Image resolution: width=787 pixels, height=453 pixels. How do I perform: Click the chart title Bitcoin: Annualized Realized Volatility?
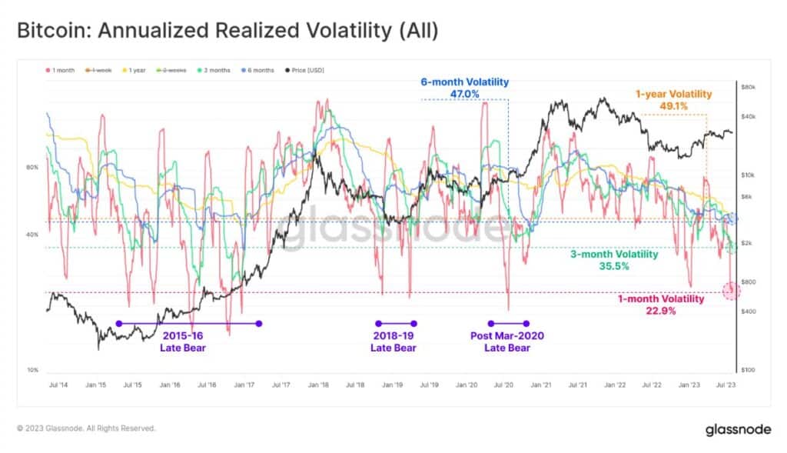pos(228,32)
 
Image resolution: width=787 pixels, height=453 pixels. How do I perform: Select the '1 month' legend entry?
pos(61,71)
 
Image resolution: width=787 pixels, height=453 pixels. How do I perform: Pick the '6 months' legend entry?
pos(255,71)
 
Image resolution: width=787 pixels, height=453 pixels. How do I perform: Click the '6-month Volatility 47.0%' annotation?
pos(464,88)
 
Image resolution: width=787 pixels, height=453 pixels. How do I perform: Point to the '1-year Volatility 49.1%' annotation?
pos(673,101)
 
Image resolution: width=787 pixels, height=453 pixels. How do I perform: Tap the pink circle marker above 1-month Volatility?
pos(731,291)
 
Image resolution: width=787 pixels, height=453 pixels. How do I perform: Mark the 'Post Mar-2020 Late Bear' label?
pos(506,341)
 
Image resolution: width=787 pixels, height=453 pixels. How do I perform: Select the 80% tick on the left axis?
pos(32,167)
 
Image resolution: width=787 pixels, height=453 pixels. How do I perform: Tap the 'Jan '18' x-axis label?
pos(318,383)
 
